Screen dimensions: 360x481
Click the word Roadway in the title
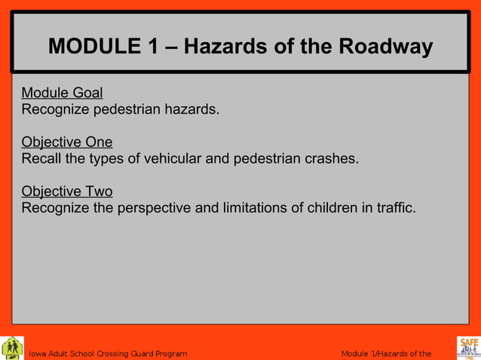click(385, 47)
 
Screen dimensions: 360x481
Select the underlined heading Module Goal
click(62, 93)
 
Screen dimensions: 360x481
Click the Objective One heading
click(67, 142)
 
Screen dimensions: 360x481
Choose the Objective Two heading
click(67, 191)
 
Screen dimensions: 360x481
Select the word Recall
click(41, 159)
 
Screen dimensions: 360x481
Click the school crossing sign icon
click(12, 347)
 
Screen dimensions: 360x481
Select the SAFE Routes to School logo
click(468, 347)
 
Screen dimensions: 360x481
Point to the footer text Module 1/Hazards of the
click(386, 354)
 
